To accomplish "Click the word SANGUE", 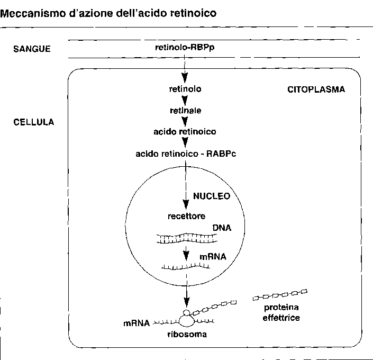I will pyautogui.click(x=31, y=49).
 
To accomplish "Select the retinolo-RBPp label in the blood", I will pyautogui.click(x=185, y=48).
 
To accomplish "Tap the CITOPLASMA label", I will pyautogui.click(x=316, y=89).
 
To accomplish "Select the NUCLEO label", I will pyautogui.click(x=212, y=196).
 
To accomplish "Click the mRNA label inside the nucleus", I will pyautogui.click(x=213, y=257).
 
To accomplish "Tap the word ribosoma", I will pyautogui.click(x=186, y=335).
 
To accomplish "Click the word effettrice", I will pyautogui.click(x=281, y=318).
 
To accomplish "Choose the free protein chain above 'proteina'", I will pyautogui.click(x=280, y=293).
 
